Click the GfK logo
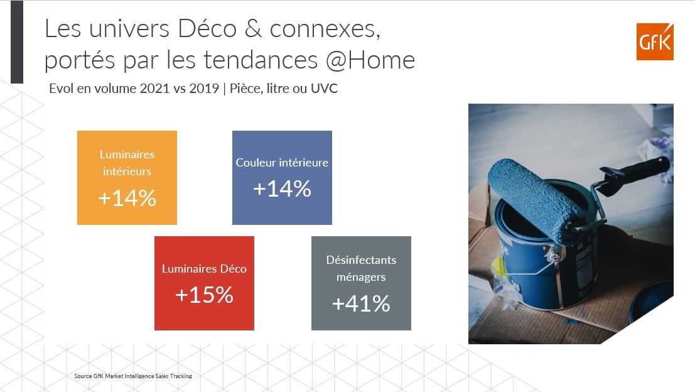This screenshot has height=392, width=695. [x=655, y=41]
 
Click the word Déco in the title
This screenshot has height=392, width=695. [x=207, y=29]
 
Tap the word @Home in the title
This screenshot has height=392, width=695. [x=370, y=60]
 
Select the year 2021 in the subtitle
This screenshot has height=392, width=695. [x=154, y=88]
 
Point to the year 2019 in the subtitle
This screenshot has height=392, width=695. [x=204, y=88]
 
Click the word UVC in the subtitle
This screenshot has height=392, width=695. [x=324, y=88]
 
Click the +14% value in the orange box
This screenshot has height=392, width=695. [x=127, y=198]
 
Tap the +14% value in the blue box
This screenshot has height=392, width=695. [x=282, y=188]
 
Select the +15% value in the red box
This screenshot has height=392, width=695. [x=204, y=295]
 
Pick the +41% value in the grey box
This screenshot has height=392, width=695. [x=361, y=304]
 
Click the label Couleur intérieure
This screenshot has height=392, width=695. [x=282, y=163]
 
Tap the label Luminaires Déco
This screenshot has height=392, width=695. [x=204, y=269]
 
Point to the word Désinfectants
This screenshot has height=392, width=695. [x=361, y=260]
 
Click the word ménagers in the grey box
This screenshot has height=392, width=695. [x=361, y=278]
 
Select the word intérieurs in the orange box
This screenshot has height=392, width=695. [x=127, y=171]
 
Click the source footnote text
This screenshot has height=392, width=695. [x=133, y=376]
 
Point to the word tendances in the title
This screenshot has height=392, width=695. [x=261, y=60]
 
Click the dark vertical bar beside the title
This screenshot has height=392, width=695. [x=17, y=42]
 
